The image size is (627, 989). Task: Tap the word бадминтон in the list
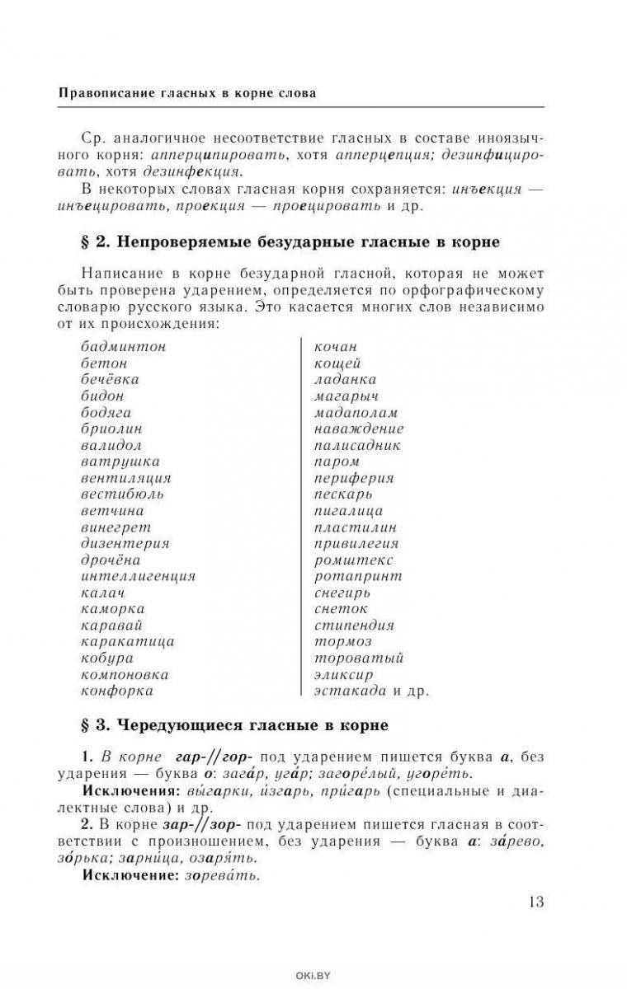[x=124, y=347]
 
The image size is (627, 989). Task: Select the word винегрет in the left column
[x=115, y=527]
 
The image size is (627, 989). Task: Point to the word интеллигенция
[x=138, y=576]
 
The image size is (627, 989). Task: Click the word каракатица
[x=127, y=641]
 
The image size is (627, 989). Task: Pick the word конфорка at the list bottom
[x=117, y=691]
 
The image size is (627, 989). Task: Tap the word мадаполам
[x=356, y=412]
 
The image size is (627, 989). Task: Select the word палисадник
[x=357, y=445]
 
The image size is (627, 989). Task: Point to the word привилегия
[x=356, y=543]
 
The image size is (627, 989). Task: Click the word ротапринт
[x=358, y=576]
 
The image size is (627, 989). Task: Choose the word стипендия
[x=354, y=626]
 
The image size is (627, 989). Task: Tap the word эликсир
[x=343, y=674]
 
